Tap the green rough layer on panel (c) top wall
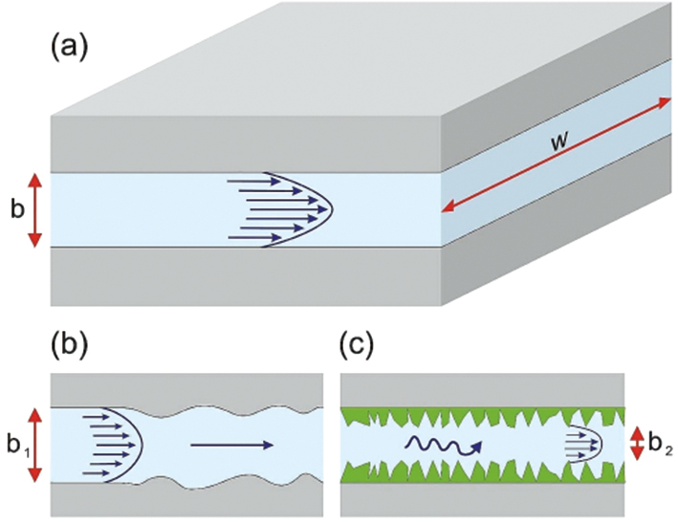click(478, 417)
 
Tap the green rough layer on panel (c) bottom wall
click(478, 471)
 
